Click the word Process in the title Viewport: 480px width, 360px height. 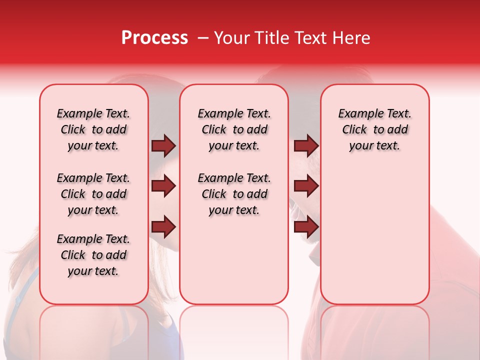point(154,38)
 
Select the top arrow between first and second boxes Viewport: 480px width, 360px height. point(163,146)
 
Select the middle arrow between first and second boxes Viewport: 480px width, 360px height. point(163,186)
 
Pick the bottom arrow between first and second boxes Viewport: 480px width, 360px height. point(163,227)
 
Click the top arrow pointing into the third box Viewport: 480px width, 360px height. point(306,146)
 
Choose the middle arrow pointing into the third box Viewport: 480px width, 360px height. point(306,186)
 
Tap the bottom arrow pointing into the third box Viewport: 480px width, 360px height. point(306,227)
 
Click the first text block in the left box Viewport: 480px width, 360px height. point(93,130)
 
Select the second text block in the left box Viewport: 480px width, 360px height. point(93,194)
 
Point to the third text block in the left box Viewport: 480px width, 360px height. point(93,255)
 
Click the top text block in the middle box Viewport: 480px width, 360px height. point(234,130)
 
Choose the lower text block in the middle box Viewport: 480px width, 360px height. point(234,194)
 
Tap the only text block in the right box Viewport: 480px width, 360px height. point(374,130)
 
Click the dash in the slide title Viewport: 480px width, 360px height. point(202,38)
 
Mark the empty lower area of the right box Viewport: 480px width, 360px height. point(374,235)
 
